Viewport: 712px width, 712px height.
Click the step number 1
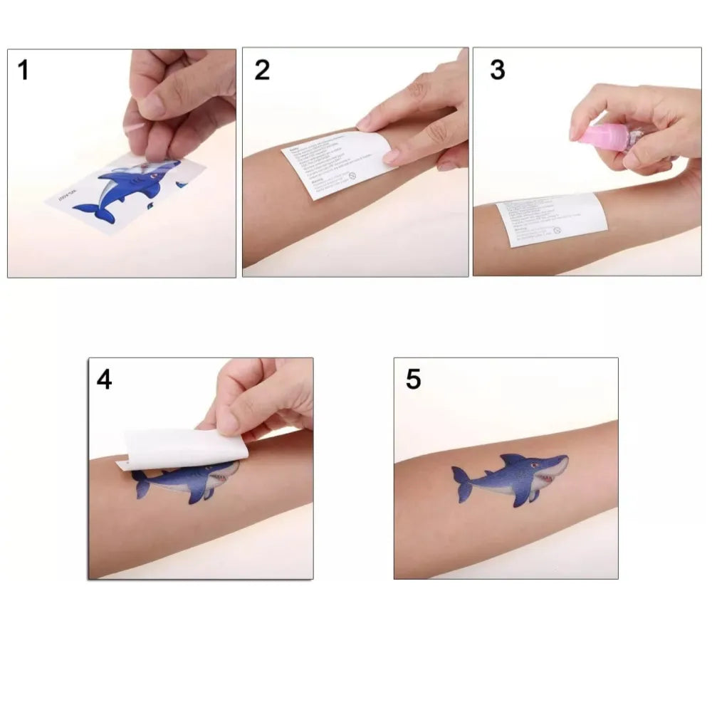coord(23,70)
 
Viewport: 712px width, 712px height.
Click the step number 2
coord(262,70)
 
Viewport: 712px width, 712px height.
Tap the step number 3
coord(497,70)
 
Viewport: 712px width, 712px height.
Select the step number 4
coord(105,379)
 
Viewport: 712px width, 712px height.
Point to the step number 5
coord(413,379)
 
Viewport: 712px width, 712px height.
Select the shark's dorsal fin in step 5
coord(513,461)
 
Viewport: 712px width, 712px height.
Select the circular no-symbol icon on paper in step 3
coord(557,231)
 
